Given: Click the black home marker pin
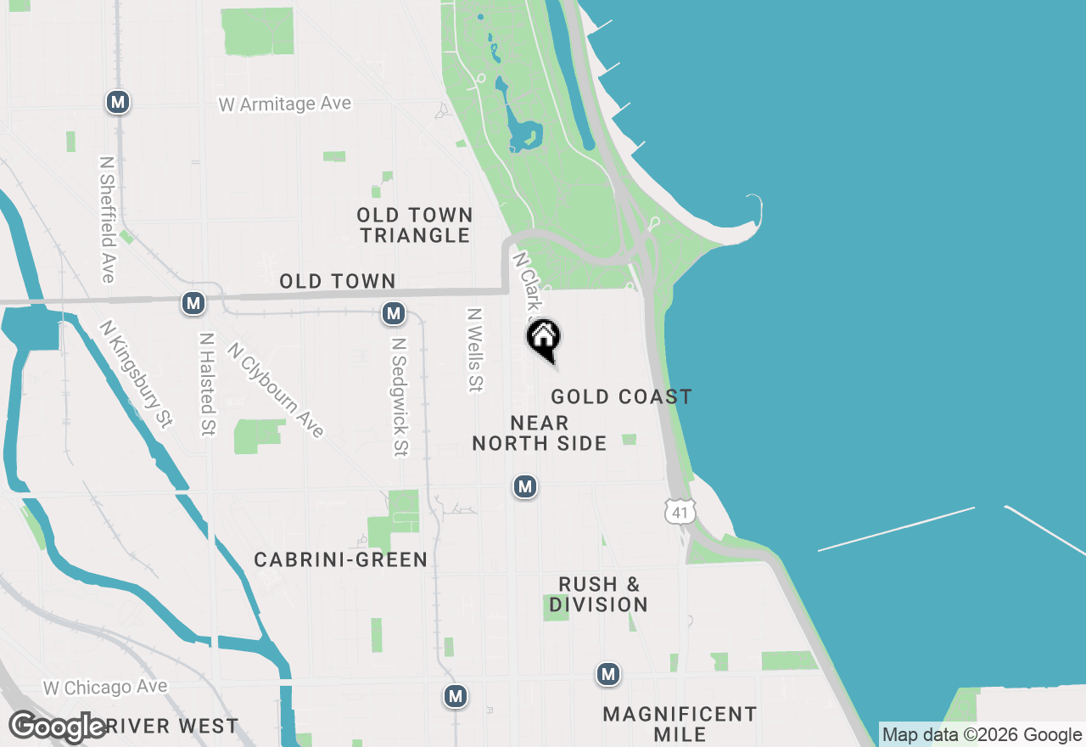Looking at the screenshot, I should coord(544,338).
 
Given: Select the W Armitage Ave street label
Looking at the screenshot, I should coord(285,104).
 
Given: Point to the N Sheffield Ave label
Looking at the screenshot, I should coord(107,219).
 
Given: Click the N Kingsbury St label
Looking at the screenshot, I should coord(136,373).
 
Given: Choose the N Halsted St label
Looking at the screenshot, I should coord(206,384).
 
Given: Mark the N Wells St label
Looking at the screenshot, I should coord(474,350).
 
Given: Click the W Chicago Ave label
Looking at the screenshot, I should coord(106,687).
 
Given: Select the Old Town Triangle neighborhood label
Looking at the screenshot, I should coord(415,225).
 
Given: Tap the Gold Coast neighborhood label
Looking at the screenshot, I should coord(621,396).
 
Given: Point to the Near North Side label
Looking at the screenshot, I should coord(540,433).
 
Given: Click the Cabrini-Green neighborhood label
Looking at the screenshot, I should coord(341,559).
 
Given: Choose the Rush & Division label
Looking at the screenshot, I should coord(599,594).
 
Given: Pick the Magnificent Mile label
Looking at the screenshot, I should coord(680,724).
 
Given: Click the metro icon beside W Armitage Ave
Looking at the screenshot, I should coord(117,103).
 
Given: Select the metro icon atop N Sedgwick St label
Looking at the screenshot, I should coord(393,314).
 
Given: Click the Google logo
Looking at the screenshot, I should coord(58,727).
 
